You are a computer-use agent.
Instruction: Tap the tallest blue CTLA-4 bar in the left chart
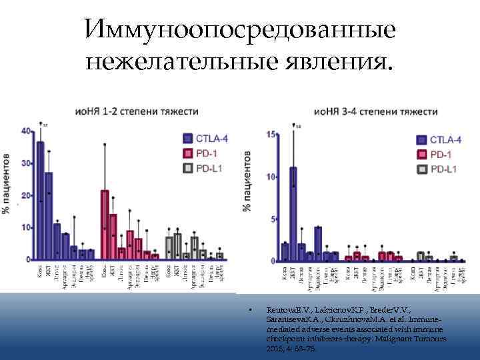click(40, 200)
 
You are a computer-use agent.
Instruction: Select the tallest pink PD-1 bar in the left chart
click(105, 224)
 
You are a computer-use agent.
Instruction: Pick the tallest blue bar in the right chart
click(293, 213)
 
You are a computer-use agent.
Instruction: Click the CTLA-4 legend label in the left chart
click(211, 139)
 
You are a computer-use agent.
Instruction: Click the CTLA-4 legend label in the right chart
click(445, 140)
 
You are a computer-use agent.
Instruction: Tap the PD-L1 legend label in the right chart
click(443, 169)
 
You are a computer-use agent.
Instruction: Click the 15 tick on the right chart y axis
click(270, 135)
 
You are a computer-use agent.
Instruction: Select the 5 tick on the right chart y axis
click(272, 219)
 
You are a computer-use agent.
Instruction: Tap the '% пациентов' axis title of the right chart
click(248, 182)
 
